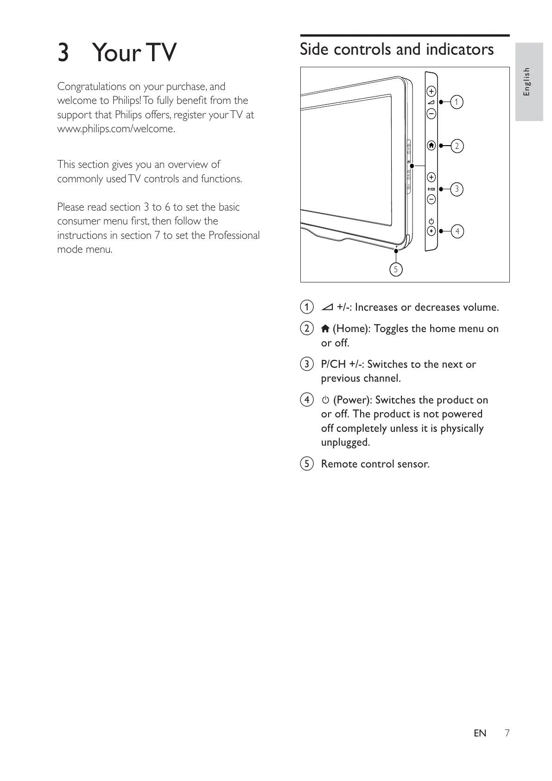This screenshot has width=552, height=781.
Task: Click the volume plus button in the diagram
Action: pyautogui.click(x=431, y=90)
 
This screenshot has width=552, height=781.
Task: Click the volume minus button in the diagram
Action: pyautogui.click(x=431, y=113)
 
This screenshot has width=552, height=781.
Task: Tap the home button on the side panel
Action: pyautogui.click(x=431, y=146)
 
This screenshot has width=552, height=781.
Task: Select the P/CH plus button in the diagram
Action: pyautogui.click(x=431, y=177)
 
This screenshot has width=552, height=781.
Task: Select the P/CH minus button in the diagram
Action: pyautogui.click(x=431, y=199)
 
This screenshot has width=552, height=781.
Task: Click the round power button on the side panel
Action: pyautogui.click(x=431, y=231)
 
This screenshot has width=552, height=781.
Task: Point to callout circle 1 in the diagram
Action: pyautogui.click(x=457, y=102)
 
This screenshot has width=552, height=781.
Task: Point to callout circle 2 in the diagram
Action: pyautogui.click(x=457, y=146)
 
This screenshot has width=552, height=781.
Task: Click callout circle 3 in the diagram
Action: pyautogui.click(x=457, y=189)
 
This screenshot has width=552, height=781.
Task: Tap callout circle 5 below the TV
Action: pyautogui.click(x=396, y=269)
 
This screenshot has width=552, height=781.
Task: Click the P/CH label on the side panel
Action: pyautogui.click(x=431, y=189)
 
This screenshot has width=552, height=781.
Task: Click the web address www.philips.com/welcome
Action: pyautogui.click(x=116, y=129)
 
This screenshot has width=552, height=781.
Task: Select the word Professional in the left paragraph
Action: pyautogui.click(x=234, y=236)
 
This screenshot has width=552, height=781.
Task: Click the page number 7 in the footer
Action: pyautogui.click(x=507, y=733)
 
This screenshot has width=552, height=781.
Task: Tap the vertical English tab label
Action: pyautogui.click(x=527, y=82)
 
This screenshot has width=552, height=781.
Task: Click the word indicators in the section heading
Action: pyautogui.click(x=460, y=49)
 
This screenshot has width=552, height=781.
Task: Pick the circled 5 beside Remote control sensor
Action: pyautogui.click(x=306, y=464)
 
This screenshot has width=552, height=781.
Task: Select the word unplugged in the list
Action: pyautogui.click(x=345, y=442)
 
